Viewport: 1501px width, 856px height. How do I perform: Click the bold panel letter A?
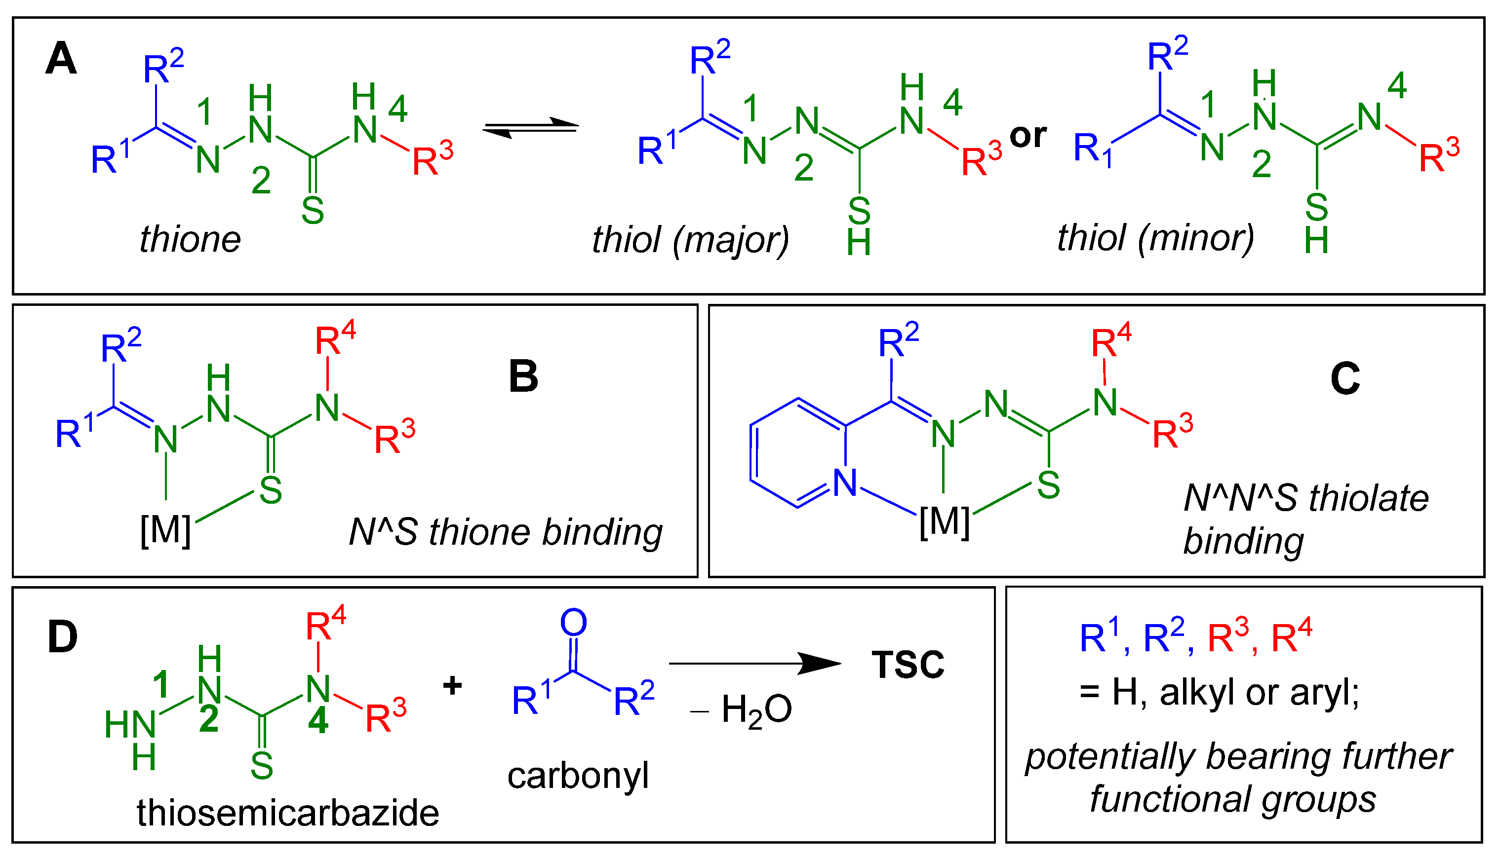click(x=61, y=59)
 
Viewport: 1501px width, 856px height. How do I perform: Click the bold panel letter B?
click(x=523, y=377)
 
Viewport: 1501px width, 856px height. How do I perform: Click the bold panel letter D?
click(x=62, y=637)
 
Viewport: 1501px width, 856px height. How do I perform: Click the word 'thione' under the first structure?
click(x=190, y=239)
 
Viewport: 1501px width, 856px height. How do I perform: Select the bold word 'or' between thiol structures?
click(x=1027, y=136)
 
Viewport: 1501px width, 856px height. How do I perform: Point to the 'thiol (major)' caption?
click(x=690, y=240)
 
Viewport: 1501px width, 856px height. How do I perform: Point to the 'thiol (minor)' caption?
click(x=1155, y=238)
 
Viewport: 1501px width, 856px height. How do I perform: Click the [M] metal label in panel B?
click(x=165, y=531)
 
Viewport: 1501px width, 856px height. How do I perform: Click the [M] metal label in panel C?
click(x=944, y=522)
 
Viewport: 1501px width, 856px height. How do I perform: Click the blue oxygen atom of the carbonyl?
click(x=573, y=623)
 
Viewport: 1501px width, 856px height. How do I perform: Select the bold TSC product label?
click(x=908, y=665)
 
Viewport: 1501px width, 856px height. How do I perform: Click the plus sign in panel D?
click(x=452, y=685)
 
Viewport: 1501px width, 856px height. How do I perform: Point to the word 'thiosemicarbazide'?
click(x=288, y=814)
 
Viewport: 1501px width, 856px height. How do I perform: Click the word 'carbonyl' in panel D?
click(x=578, y=776)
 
